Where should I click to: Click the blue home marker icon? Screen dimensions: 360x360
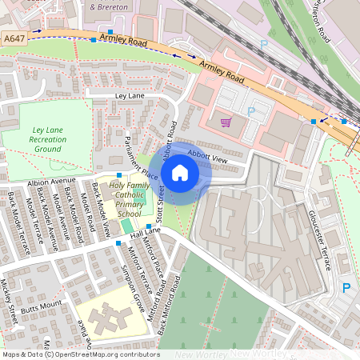[180, 173]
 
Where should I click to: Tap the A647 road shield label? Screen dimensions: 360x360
[14, 38]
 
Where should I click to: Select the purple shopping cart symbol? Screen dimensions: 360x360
[226, 122]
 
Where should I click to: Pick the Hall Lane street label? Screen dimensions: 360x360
[146, 230]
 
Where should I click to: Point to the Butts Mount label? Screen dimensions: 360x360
[41, 306]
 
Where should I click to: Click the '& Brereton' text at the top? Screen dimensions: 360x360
[110, 6]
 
